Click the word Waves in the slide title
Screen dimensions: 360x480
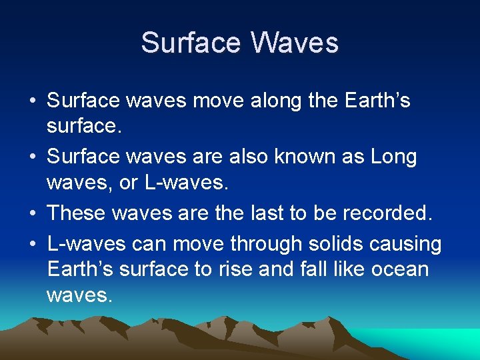(x=295, y=43)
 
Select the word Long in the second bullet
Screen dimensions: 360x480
(x=393, y=157)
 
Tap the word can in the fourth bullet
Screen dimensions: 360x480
(x=150, y=244)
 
